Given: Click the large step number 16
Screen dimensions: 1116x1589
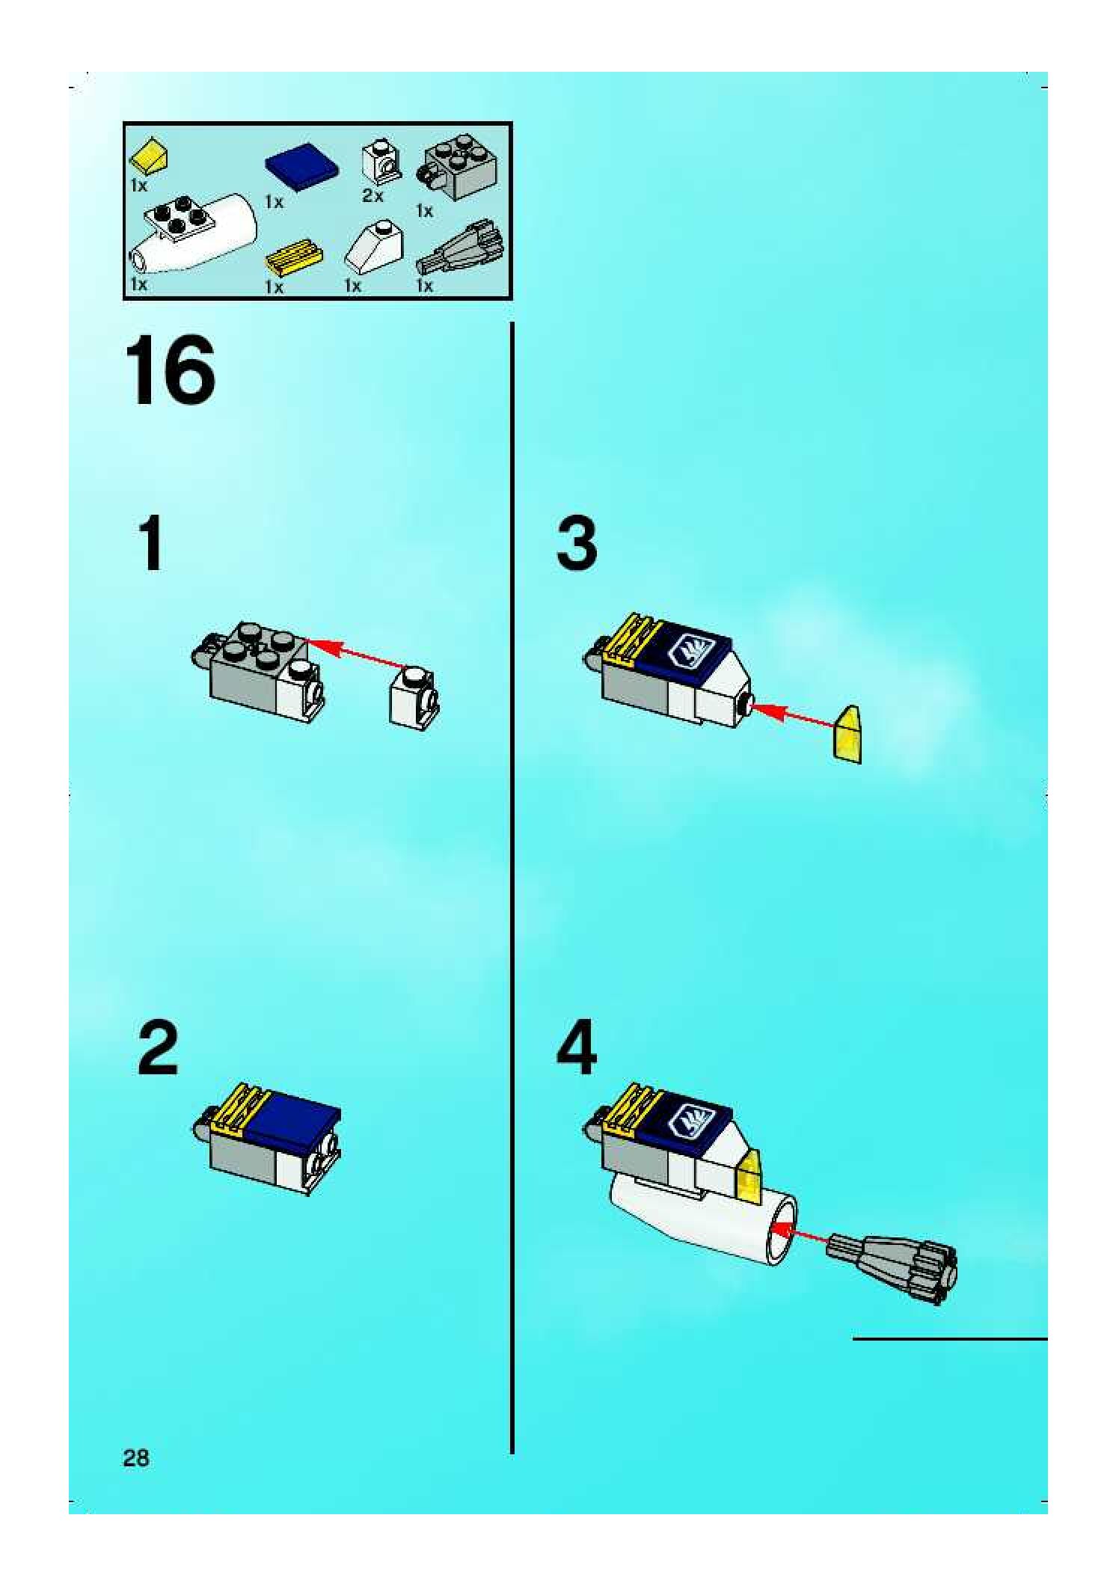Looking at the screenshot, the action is [171, 370].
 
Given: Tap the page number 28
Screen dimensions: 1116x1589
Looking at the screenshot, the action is [136, 1457].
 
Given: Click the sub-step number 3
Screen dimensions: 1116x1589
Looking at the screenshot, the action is [577, 542].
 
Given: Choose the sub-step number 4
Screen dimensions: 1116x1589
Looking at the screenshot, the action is [577, 1047].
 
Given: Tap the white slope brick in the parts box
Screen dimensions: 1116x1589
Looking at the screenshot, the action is [375, 245].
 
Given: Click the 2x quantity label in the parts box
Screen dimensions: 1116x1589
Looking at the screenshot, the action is [372, 196].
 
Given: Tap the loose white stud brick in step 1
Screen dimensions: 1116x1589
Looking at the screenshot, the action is [414, 697].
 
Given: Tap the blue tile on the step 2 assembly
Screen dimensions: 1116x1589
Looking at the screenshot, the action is [293, 1125].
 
